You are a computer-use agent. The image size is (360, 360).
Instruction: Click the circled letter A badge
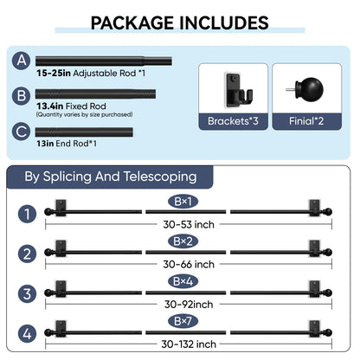[x=22, y=61]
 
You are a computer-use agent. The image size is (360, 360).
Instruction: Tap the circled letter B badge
[x=22, y=96]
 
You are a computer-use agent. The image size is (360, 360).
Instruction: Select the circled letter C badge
[x=22, y=132]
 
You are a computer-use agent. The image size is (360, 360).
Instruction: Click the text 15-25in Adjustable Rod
[x=91, y=74]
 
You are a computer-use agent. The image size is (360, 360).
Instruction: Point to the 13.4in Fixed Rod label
[x=71, y=106]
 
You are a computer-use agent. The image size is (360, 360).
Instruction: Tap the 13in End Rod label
[x=67, y=144]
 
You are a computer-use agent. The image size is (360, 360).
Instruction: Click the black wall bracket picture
[x=238, y=90]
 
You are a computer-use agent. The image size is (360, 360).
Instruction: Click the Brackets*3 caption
[x=233, y=121]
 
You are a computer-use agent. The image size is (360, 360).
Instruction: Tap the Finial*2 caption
[x=306, y=121]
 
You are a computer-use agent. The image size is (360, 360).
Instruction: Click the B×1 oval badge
[x=183, y=202]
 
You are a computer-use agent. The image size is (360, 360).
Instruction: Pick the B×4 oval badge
[x=183, y=281]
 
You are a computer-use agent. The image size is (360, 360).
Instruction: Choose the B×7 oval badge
[x=183, y=321]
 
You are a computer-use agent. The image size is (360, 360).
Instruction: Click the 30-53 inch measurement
[x=189, y=225]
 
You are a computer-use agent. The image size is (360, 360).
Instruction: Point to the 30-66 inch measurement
[x=189, y=265]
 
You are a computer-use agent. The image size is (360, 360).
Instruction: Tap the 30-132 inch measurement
[x=189, y=344]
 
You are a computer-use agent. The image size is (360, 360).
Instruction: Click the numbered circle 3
[x=27, y=294]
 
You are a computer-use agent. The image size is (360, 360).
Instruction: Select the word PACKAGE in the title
[x=132, y=23]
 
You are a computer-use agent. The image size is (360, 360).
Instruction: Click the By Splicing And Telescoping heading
[x=111, y=177]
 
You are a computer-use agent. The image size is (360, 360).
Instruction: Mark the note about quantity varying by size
[x=84, y=114]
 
